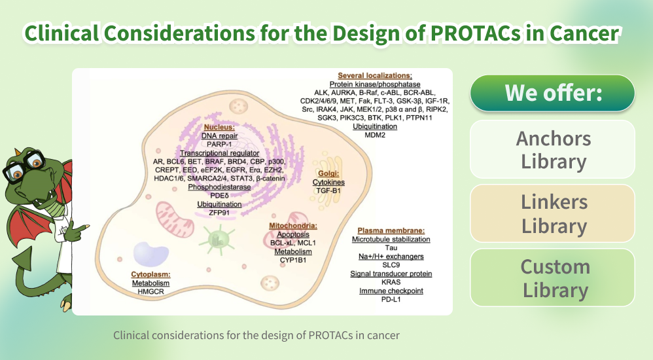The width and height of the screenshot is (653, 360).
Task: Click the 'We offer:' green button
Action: coord(552,93)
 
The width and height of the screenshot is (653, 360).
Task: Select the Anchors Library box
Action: coord(552,149)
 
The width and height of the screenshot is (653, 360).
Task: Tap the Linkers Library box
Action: coord(552,213)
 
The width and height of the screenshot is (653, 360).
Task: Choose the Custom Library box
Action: coord(552,278)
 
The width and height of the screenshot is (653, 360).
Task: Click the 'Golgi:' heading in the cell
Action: coord(328,173)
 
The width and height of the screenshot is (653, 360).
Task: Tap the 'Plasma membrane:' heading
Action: coord(391,230)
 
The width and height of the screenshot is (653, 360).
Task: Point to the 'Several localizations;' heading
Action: coord(375,76)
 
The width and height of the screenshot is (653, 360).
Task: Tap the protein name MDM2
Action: coord(375,135)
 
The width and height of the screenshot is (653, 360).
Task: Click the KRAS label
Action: coord(391,282)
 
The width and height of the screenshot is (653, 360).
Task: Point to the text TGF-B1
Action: coord(328,190)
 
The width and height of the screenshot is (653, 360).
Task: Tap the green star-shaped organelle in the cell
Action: coord(217,239)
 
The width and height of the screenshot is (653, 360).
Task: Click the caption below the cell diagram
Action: coord(256,335)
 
